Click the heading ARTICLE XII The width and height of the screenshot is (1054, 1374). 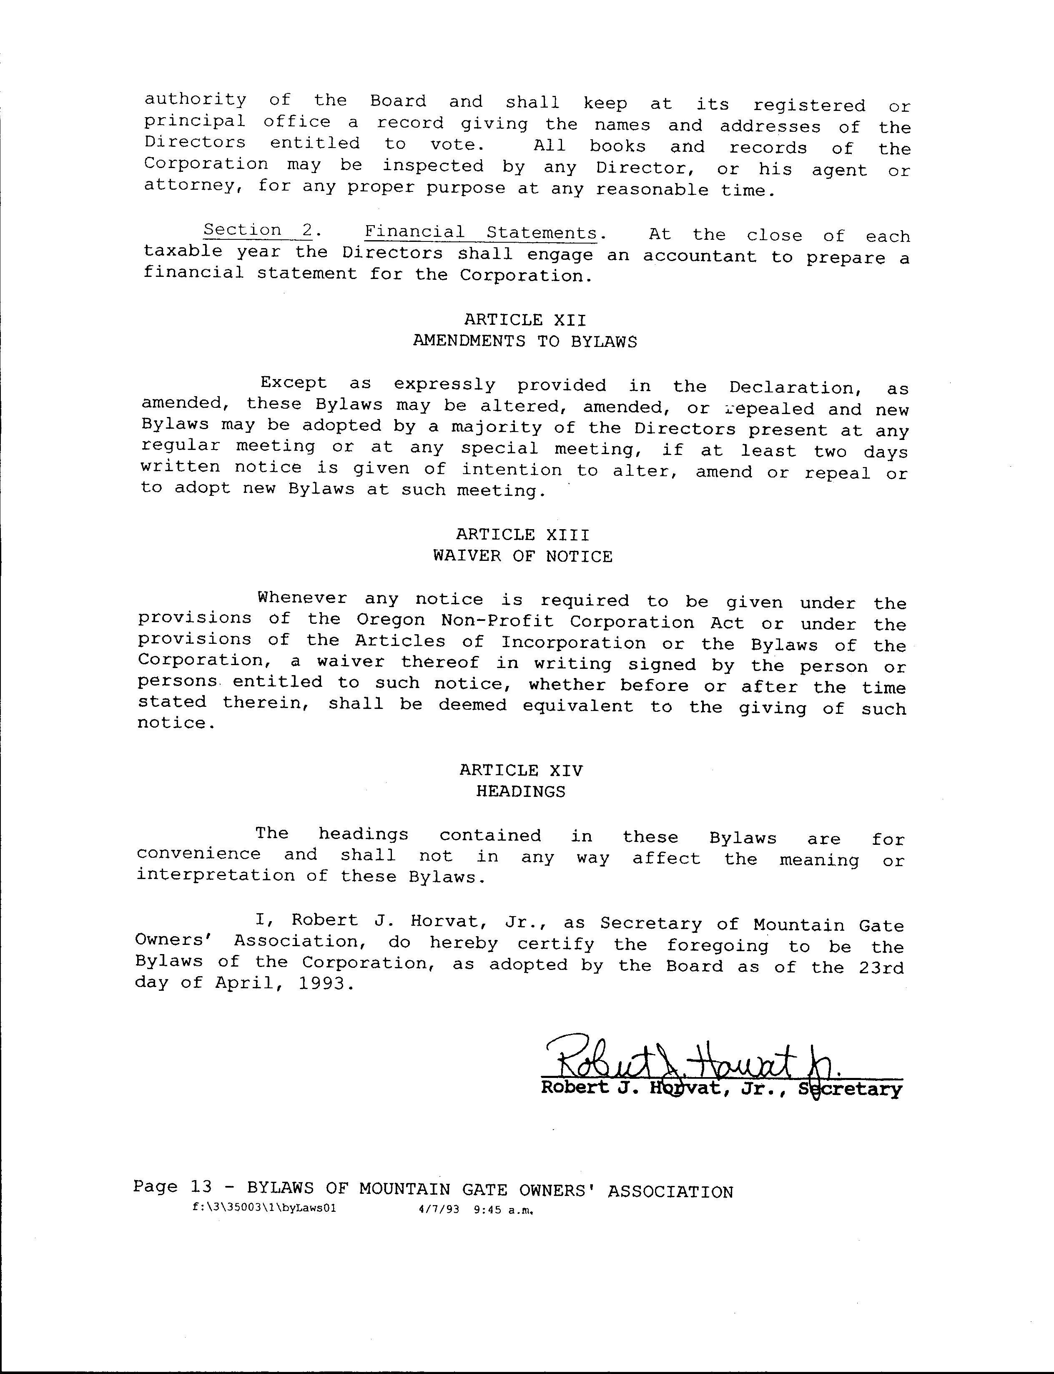[x=525, y=320]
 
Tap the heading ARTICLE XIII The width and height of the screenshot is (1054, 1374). [x=522, y=535]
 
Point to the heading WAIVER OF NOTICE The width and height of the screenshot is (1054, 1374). [x=522, y=557]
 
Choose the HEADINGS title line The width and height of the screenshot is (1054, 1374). [x=521, y=792]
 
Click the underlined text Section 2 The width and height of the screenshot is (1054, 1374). [x=258, y=230]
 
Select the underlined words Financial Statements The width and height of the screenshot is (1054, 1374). [x=481, y=233]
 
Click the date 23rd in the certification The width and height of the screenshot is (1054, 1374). [x=881, y=967]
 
